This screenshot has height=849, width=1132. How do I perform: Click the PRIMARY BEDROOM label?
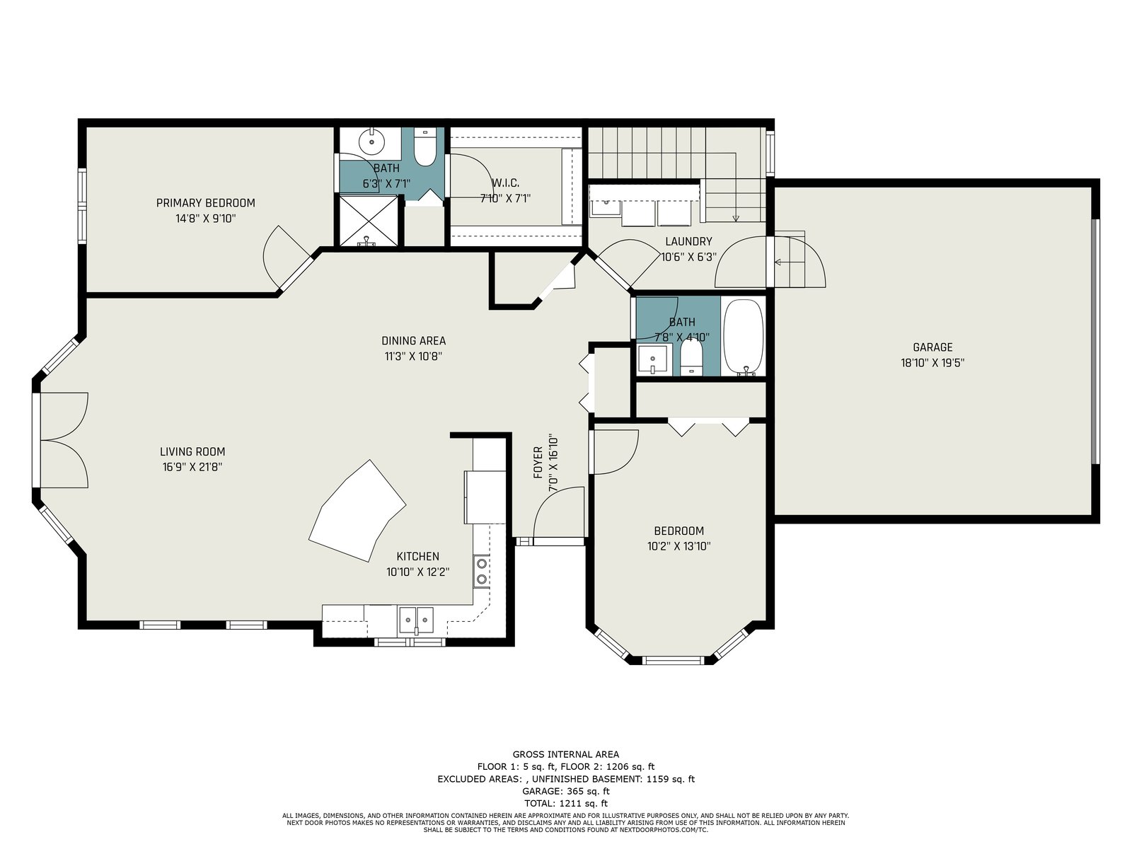tap(205, 203)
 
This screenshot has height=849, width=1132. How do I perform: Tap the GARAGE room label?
tap(932, 347)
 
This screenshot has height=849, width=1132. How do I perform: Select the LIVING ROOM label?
tap(192, 452)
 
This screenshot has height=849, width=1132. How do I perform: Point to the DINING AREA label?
tap(414, 341)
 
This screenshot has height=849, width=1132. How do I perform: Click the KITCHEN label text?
tap(417, 557)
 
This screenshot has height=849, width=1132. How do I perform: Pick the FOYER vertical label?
tap(538, 463)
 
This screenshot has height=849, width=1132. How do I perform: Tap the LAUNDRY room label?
tap(688, 241)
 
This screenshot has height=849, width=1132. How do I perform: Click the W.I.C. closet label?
tap(505, 183)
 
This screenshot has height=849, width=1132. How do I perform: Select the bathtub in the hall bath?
tap(743, 338)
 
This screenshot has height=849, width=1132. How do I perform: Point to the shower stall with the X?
tap(368, 221)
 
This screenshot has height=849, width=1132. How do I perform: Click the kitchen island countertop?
tap(357, 511)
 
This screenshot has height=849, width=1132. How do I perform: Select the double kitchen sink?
tap(416, 620)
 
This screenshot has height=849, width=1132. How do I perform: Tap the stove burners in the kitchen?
tap(482, 571)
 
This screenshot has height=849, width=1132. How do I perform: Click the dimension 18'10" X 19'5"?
tap(932, 363)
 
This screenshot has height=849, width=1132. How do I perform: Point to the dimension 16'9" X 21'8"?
tap(192, 468)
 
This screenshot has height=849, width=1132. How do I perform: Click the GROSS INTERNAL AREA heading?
tap(566, 755)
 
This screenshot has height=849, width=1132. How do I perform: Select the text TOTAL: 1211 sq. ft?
tap(566, 804)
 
